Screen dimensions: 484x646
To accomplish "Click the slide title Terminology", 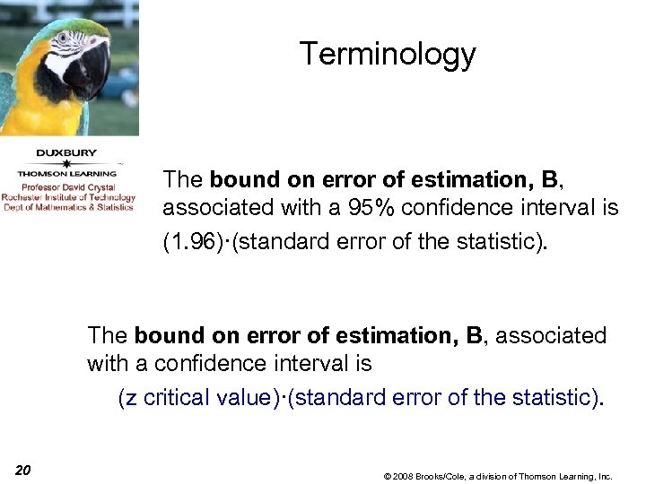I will tap(388, 54).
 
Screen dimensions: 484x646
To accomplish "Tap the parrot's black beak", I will tap(93, 72).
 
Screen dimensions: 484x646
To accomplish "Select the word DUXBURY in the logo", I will tap(67, 152).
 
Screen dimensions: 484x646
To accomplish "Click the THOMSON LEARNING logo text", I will tap(67, 173).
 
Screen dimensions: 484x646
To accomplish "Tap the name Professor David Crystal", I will tap(67, 187).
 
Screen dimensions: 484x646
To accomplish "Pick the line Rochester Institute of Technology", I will tap(67, 197).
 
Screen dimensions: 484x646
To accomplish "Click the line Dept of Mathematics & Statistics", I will tap(67, 207).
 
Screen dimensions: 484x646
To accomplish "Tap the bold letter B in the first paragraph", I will tap(549, 180).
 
